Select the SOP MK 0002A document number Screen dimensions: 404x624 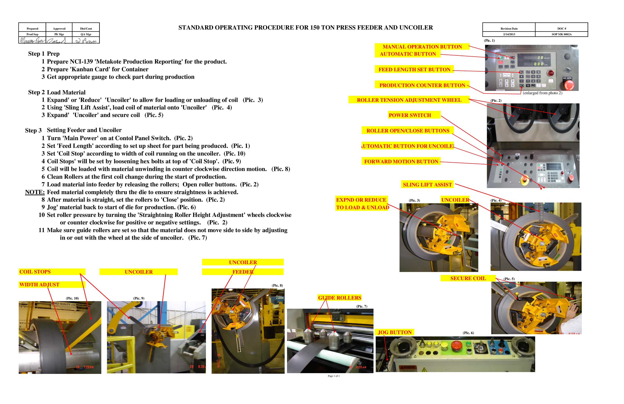pos(561,34)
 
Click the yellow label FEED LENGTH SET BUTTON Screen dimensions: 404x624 pos(414,70)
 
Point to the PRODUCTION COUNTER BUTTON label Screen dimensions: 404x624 pos(422,85)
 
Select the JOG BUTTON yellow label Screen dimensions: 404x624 pos(394,332)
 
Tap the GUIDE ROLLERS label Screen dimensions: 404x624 pos(339,298)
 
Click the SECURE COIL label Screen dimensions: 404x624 pos(468,278)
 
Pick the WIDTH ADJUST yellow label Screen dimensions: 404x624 pos(39,285)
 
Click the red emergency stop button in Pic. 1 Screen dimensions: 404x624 pos(569,85)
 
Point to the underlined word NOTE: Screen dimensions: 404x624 pos(35,192)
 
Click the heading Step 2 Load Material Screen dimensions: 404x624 pos(57,92)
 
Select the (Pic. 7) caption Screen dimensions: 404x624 pos(362,306)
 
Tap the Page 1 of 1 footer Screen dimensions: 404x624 pos(333,376)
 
